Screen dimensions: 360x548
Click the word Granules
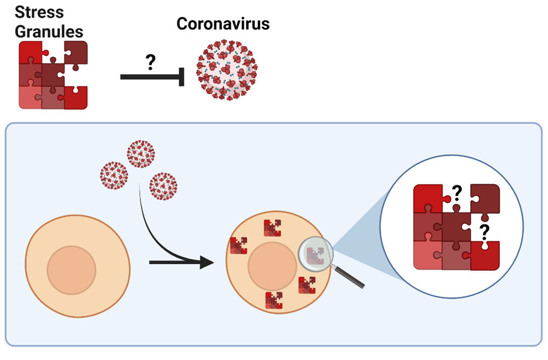[49, 31]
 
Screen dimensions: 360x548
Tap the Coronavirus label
[223, 24]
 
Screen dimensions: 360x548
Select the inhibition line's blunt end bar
[181, 77]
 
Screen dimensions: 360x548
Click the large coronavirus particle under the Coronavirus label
[227, 71]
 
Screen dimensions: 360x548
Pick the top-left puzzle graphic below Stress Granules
[53, 75]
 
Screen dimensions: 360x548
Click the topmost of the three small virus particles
[141, 154]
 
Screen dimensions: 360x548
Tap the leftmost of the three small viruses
[114, 175]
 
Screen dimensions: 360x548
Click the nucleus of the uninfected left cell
[72, 270]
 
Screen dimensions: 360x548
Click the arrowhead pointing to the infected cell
[207, 262]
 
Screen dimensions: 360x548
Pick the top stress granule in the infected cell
[272, 228]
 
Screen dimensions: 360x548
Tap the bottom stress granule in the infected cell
[273, 300]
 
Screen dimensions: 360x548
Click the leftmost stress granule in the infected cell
[238, 246]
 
